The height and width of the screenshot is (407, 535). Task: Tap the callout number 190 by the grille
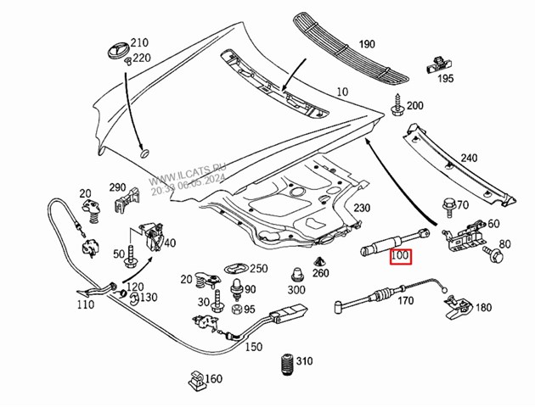tap(366, 44)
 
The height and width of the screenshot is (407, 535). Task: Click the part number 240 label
tap(469, 158)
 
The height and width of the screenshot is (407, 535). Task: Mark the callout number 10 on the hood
tap(342, 92)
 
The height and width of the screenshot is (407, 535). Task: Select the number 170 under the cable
tap(405, 299)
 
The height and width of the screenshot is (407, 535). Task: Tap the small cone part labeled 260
tap(322, 259)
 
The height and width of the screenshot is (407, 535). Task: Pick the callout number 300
tap(296, 289)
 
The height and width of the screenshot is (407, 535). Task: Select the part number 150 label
tap(253, 347)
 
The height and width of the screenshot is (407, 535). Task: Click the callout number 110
tap(85, 304)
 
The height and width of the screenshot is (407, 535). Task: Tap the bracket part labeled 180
tap(464, 306)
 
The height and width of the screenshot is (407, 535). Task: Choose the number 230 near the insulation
tap(362, 209)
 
